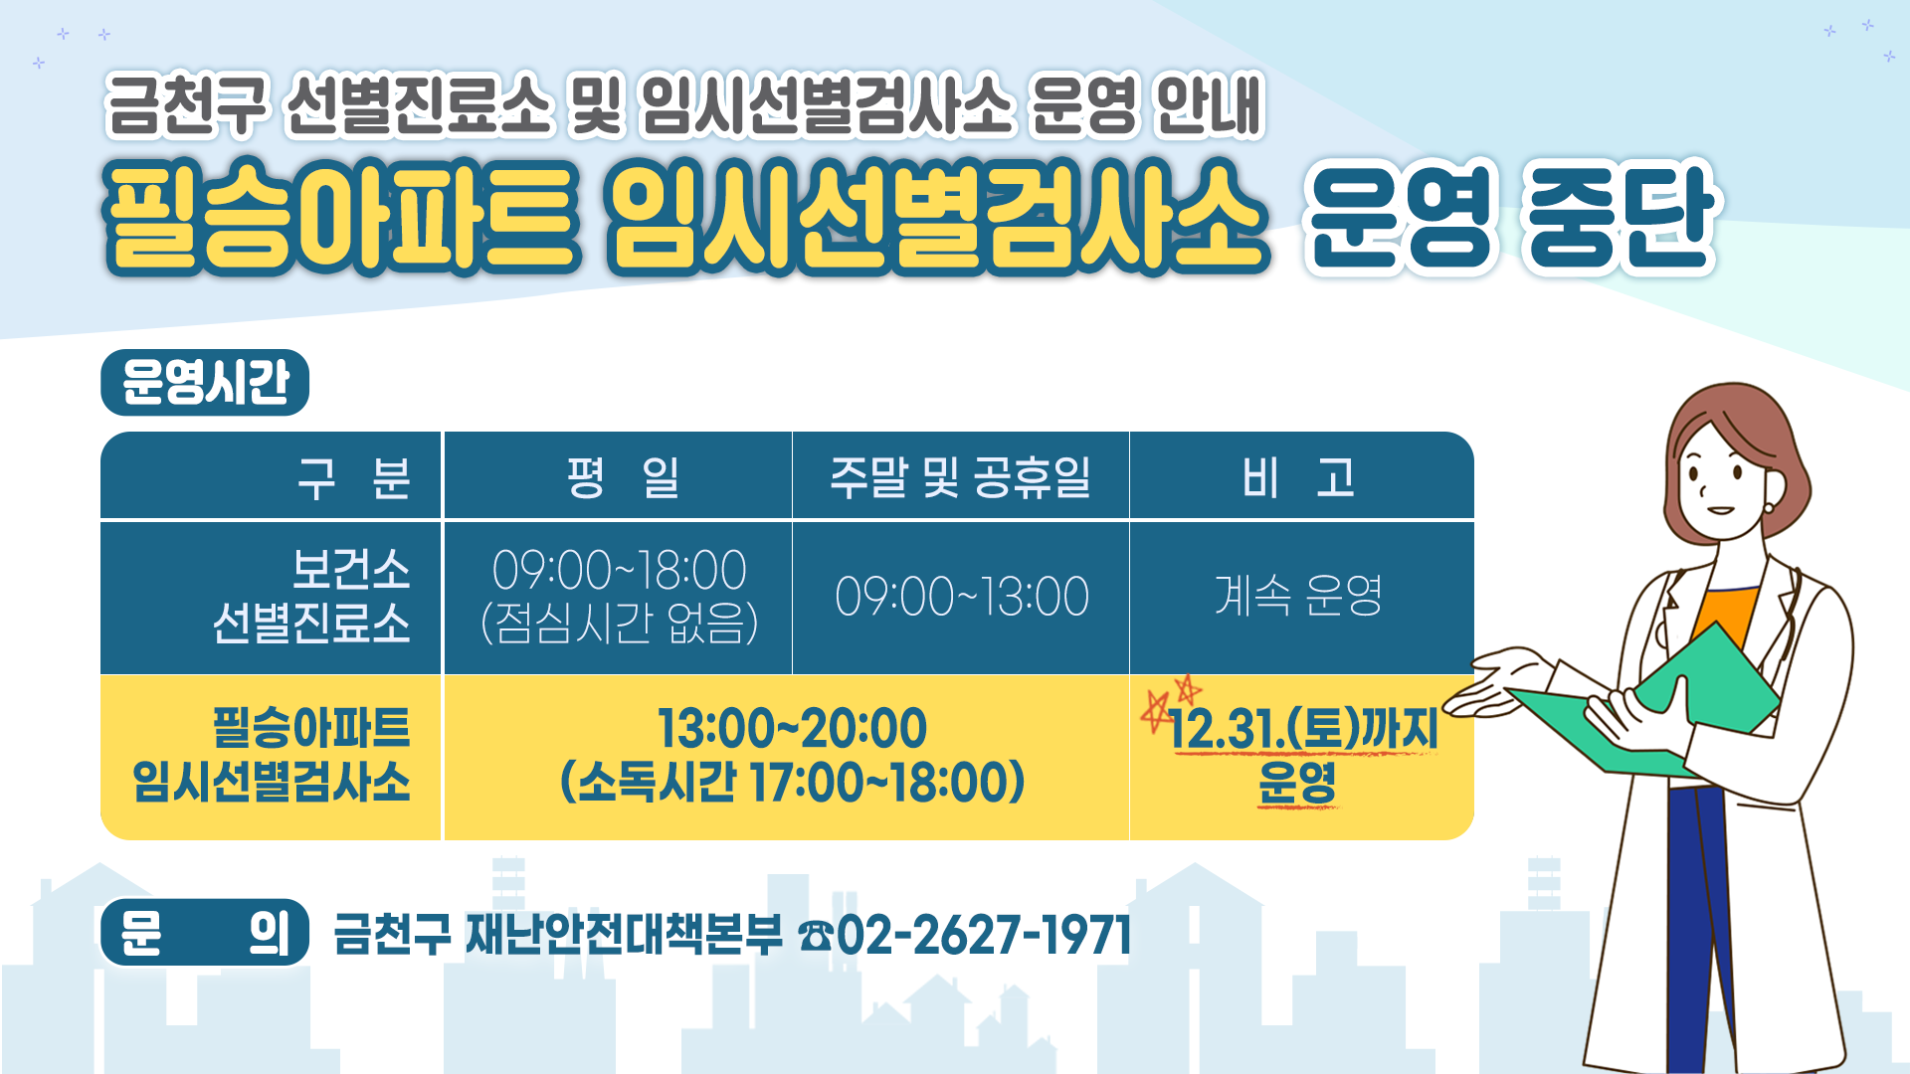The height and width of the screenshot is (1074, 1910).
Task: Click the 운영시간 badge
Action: coord(205,382)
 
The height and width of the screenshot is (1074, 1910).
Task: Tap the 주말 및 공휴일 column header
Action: coord(960,477)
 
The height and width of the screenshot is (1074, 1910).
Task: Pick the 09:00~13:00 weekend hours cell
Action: coord(962,597)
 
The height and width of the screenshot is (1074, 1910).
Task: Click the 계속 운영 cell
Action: coord(1298,596)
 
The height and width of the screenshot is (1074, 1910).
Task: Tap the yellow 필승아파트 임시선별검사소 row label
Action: coord(272,755)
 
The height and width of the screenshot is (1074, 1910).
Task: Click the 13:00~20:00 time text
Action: coord(792,728)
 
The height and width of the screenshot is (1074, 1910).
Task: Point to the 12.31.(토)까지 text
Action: coord(1303,729)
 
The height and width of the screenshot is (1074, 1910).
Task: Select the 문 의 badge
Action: coord(205,933)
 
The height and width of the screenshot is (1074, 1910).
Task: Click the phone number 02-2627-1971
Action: coord(984,935)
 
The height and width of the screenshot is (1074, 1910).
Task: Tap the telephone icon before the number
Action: coord(816,936)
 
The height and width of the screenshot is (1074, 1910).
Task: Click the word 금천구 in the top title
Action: coord(187,103)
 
